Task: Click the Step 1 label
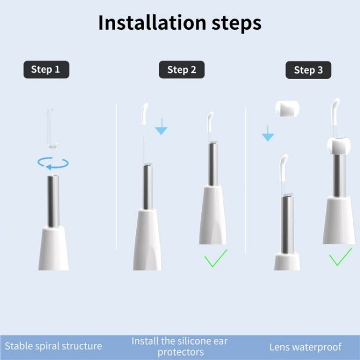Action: pos(46,70)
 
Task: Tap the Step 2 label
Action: pos(181,70)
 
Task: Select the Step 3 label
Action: pos(308,71)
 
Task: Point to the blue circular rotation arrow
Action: pos(53,163)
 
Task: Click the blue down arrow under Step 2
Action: pos(162,128)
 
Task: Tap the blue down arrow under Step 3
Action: pos(267,134)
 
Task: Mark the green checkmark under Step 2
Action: pos(216,260)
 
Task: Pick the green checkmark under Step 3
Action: pos(340,258)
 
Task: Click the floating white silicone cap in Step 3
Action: pos(285,108)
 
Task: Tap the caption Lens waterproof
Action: pos(305,347)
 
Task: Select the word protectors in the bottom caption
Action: pos(180,352)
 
